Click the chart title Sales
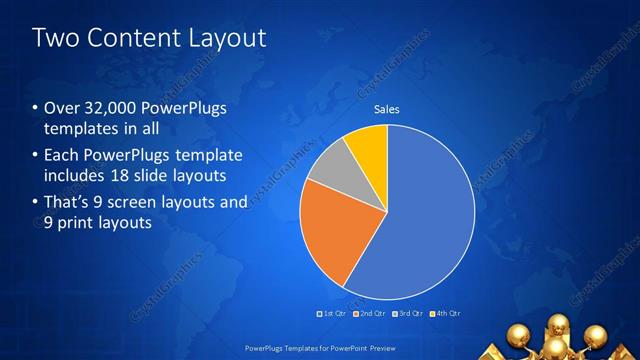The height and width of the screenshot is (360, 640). click(x=387, y=109)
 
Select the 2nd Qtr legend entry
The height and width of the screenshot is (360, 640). click(x=370, y=315)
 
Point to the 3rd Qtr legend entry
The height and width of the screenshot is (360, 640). click(x=408, y=315)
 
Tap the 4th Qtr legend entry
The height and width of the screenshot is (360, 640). click(x=445, y=315)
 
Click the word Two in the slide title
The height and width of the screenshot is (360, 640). click(x=56, y=39)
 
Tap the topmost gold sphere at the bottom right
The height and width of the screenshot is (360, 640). click(x=558, y=323)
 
